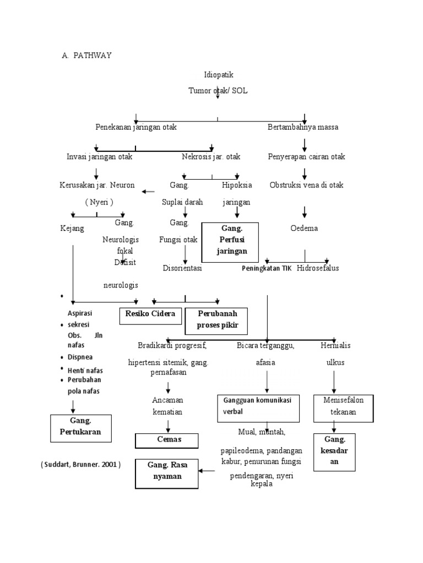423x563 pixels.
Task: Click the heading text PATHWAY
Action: click(x=94, y=56)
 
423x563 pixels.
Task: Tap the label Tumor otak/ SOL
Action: click(x=218, y=90)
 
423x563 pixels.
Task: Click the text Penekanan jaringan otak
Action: click(x=136, y=127)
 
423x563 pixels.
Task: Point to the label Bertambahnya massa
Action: click(x=303, y=127)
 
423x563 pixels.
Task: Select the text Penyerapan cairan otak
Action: click(x=306, y=157)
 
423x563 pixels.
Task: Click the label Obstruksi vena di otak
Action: click(x=306, y=185)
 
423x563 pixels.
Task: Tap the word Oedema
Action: click(x=305, y=228)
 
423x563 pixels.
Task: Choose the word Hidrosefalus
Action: click(x=318, y=268)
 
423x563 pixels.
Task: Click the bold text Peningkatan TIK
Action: click(x=267, y=268)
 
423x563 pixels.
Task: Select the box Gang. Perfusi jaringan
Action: click(x=230, y=240)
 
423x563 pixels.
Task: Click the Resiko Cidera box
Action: click(x=150, y=315)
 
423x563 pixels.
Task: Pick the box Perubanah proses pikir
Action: click(x=215, y=321)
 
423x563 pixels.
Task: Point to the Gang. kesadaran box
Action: click(x=334, y=451)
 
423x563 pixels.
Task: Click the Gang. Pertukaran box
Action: click(x=80, y=427)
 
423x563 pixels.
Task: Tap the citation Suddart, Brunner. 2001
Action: click(x=80, y=465)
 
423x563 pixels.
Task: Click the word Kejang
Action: click(x=72, y=228)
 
